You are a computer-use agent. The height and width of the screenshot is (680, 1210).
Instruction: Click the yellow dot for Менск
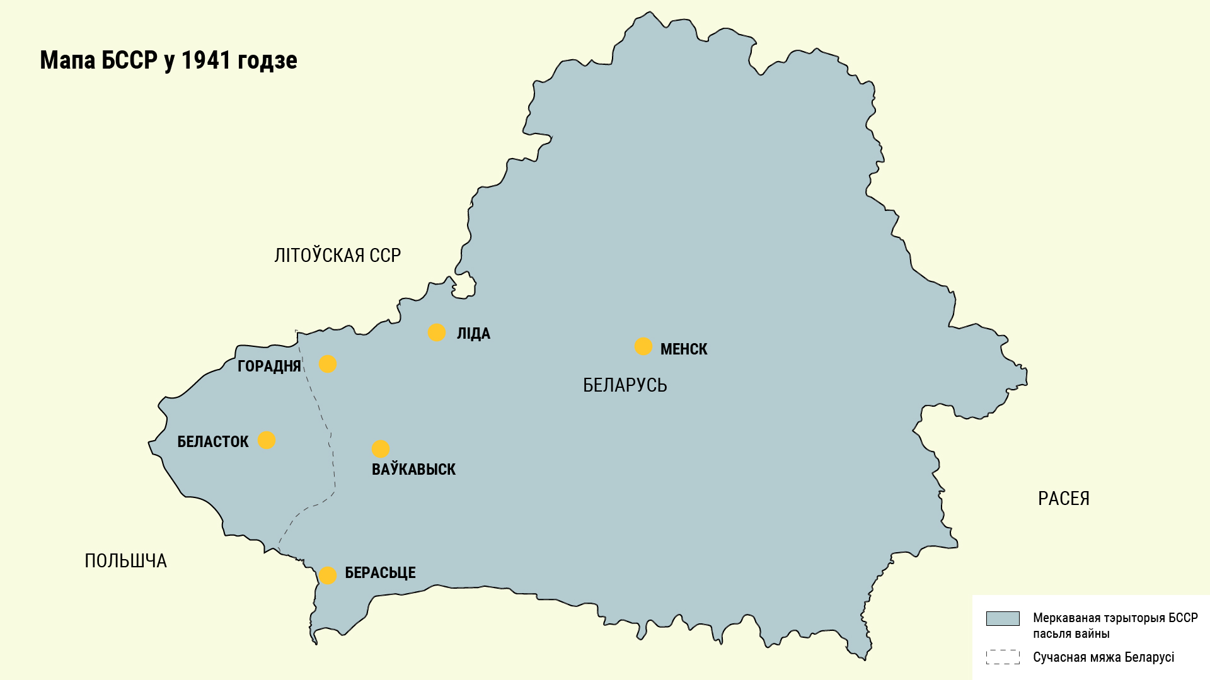click(x=643, y=346)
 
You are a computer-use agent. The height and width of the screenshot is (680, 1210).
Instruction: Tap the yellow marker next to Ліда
click(x=437, y=332)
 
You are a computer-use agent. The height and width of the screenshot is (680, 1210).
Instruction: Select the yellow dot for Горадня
click(x=328, y=364)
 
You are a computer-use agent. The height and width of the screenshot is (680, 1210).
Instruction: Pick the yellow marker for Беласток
click(x=267, y=440)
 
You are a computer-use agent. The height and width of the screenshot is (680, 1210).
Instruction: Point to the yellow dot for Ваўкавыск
click(x=380, y=449)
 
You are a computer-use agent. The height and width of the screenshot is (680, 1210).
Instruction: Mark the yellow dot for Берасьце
click(x=328, y=575)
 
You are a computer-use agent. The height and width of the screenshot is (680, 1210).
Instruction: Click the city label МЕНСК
click(x=684, y=349)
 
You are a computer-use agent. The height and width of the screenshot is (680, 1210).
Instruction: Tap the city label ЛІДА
click(x=473, y=334)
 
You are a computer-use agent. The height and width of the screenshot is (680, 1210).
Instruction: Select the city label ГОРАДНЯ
click(x=269, y=366)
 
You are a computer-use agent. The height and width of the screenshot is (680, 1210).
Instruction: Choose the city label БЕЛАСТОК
click(x=213, y=441)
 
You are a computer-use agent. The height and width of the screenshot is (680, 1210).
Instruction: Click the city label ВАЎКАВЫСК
click(x=413, y=469)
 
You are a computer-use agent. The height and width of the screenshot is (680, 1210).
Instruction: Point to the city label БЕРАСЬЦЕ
click(x=380, y=573)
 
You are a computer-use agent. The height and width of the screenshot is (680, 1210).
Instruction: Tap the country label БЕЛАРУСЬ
click(x=625, y=385)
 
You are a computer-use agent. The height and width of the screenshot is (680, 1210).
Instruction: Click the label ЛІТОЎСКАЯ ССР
click(x=338, y=255)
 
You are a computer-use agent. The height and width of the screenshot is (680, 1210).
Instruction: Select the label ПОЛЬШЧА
click(x=125, y=561)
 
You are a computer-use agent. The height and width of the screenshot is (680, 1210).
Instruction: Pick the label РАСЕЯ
click(x=1063, y=499)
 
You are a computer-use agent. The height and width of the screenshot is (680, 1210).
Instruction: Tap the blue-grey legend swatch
click(x=1003, y=618)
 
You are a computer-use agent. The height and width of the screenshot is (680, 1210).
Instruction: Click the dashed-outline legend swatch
click(x=1003, y=657)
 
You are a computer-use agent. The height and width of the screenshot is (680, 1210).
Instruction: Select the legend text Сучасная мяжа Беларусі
click(x=1103, y=657)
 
